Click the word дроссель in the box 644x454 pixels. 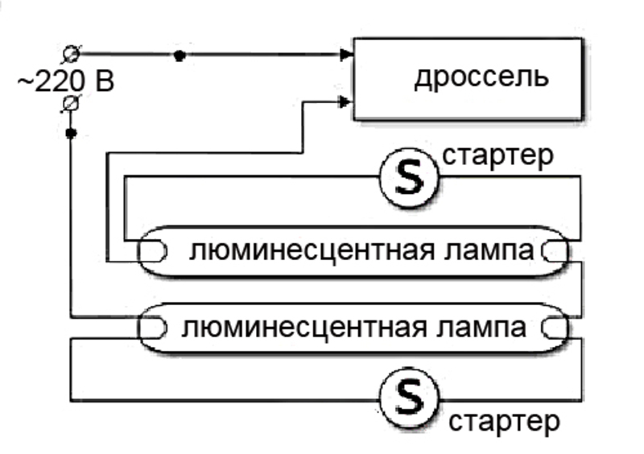[x=481, y=77]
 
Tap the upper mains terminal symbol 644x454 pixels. [x=72, y=54]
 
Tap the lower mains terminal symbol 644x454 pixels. [x=71, y=104]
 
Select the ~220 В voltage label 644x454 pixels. [x=66, y=81]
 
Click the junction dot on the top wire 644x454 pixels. [x=180, y=55]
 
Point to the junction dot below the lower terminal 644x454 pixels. [x=71, y=133]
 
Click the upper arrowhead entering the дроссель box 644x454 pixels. [x=347, y=54]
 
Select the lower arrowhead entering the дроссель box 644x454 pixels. [x=345, y=101]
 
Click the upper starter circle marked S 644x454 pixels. [x=409, y=177]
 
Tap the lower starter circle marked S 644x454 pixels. [x=409, y=398]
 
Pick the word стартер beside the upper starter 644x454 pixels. [x=497, y=155]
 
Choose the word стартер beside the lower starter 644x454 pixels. [x=505, y=421]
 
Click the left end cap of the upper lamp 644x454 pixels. [x=152, y=251]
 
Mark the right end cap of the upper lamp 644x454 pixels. [x=555, y=251]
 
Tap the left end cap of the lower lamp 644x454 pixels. [x=152, y=328]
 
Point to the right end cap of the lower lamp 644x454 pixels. [x=555, y=328]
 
